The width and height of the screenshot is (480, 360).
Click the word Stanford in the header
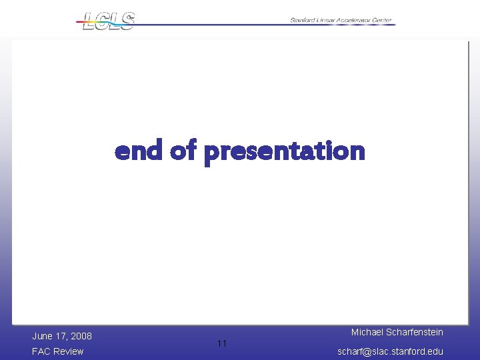(x=304, y=21)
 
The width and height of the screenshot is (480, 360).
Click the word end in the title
(x=139, y=151)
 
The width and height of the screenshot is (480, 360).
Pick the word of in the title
(x=183, y=151)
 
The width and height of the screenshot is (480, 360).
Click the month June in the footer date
(x=43, y=336)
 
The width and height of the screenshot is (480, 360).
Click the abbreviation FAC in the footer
(x=41, y=351)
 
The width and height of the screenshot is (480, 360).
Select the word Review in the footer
(x=69, y=351)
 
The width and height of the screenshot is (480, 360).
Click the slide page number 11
(x=222, y=343)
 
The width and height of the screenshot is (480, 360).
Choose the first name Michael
(x=367, y=332)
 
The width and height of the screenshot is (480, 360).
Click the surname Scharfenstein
(x=414, y=332)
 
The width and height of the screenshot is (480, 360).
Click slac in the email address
(x=380, y=351)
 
